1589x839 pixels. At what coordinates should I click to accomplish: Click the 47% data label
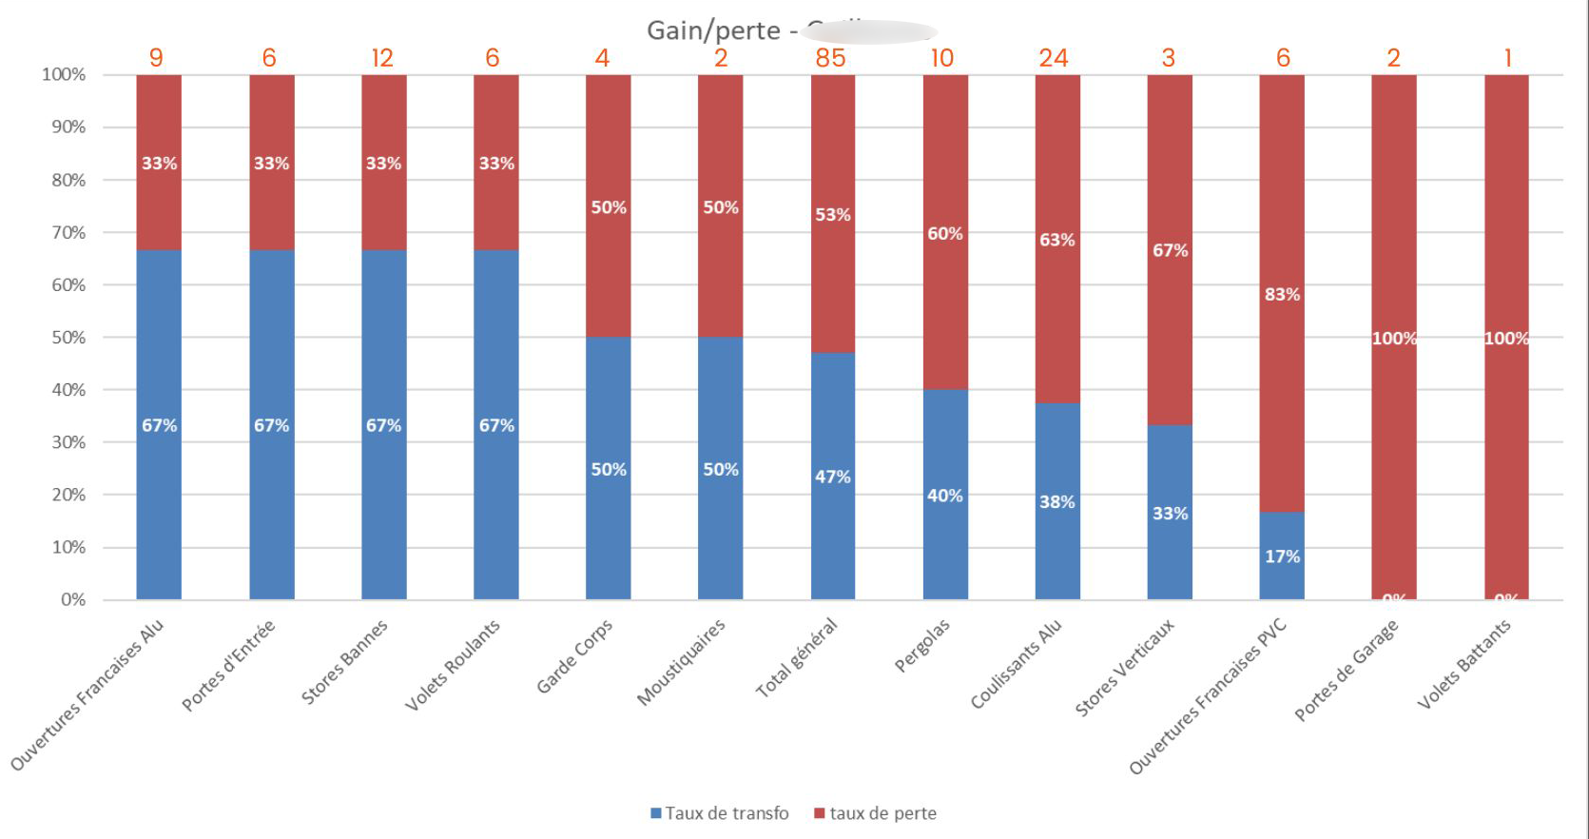pyautogui.click(x=832, y=477)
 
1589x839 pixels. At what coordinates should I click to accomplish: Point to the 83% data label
pyautogui.click(x=1282, y=294)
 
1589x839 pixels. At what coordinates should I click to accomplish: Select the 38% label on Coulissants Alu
pyautogui.click(x=1056, y=501)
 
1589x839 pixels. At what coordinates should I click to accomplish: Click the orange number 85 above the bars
pyautogui.click(x=830, y=58)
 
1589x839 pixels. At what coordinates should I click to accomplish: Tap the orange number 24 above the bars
pyautogui.click(x=1054, y=58)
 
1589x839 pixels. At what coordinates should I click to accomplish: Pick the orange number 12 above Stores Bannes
pyautogui.click(x=382, y=58)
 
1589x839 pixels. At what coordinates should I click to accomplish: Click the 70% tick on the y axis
pyautogui.click(x=68, y=232)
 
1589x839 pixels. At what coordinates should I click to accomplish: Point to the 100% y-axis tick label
pyautogui.click(x=64, y=74)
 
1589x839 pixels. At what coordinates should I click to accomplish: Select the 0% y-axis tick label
pyautogui.click(x=72, y=599)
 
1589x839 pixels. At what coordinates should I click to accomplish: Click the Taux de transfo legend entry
pyautogui.click(x=720, y=813)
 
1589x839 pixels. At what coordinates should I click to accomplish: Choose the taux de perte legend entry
pyautogui.click(x=876, y=813)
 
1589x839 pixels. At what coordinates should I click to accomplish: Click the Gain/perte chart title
pyautogui.click(x=713, y=30)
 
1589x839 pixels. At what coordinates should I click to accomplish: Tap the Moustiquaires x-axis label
pyautogui.click(x=681, y=662)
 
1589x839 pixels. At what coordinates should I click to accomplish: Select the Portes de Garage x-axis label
pyautogui.click(x=1347, y=670)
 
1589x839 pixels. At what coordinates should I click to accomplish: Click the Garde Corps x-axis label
pyautogui.click(x=574, y=656)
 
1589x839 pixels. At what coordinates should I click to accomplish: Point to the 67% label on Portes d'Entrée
pyautogui.click(x=271, y=425)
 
